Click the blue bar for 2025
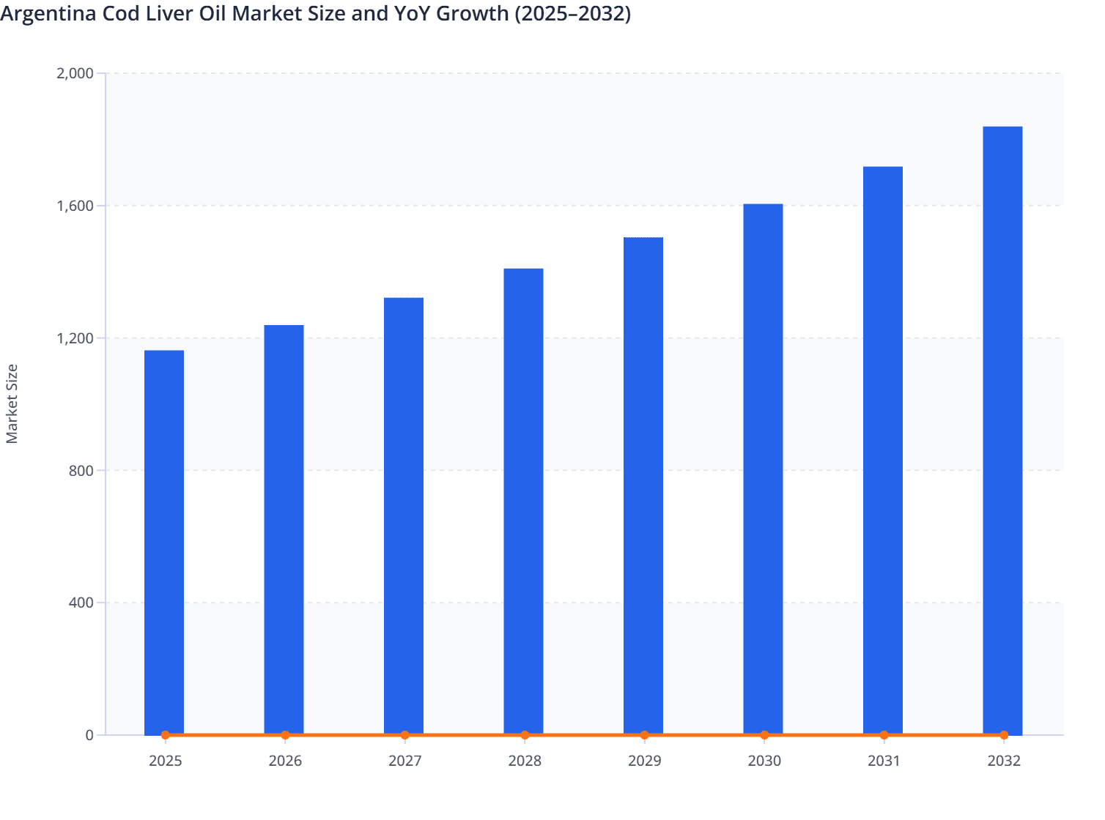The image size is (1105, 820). (x=164, y=542)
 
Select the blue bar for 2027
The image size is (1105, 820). (x=404, y=515)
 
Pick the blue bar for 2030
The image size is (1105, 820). (x=763, y=469)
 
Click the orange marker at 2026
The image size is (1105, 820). (x=285, y=735)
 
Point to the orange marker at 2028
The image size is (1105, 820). (x=525, y=735)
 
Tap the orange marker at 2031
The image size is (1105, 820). (x=884, y=735)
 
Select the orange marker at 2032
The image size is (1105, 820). (x=1004, y=735)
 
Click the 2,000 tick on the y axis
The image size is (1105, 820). (x=75, y=73)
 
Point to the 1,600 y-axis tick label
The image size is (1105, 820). (x=75, y=206)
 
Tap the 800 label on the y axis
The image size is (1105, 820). (x=81, y=471)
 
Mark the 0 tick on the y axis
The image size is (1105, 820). (x=89, y=735)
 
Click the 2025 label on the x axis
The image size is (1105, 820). (x=165, y=761)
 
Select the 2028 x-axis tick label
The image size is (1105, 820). (x=525, y=761)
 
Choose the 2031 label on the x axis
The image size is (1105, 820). (x=884, y=761)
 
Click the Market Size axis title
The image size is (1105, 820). (x=12, y=403)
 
